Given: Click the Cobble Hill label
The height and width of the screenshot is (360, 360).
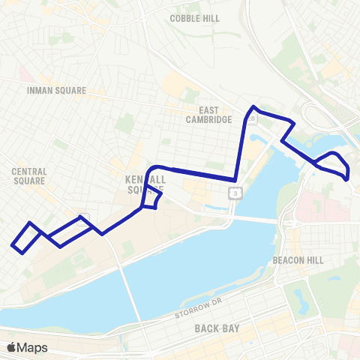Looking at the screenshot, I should (194, 18).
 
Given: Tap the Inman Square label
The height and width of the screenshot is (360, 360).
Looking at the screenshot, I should (56, 91).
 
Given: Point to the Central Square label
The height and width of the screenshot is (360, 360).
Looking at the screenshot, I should (29, 176).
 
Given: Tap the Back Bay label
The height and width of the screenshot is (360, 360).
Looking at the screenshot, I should (216, 328).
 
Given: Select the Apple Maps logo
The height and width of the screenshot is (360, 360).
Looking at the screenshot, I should (27, 347).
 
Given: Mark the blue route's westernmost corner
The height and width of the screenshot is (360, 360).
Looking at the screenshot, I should (13, 244).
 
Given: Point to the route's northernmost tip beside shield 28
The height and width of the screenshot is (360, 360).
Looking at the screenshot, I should (254, 106).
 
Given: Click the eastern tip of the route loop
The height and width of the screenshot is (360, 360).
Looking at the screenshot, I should (348, 177).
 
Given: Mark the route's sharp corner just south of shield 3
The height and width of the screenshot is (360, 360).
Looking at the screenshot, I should (235, 180).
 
